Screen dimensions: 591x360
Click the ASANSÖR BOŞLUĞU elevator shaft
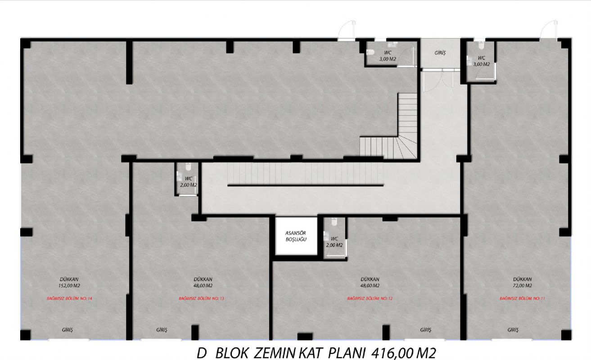pos(296,236)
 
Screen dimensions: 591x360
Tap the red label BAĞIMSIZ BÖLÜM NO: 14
pos(69,298)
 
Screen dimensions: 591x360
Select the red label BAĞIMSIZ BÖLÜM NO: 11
pos(522,298)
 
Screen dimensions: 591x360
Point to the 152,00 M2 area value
pos(69,286)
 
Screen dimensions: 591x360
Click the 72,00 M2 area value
pos(523,286)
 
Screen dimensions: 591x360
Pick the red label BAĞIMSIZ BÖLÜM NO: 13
pos(201,298)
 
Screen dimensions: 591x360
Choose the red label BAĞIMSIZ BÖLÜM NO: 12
pos(370,298)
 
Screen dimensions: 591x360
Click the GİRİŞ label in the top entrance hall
pos(440,53)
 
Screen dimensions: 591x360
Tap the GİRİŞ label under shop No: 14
pos(67,330)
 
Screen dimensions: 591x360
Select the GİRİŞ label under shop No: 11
pos(513,330)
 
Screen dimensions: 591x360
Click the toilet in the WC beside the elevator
pos(334,222)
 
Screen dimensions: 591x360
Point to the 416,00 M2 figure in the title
pos(404,353)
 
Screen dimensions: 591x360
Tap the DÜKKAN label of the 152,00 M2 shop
pos(69,279)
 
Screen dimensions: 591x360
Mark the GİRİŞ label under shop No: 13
pos(162,330)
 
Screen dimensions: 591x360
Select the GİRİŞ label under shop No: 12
pos(425,330)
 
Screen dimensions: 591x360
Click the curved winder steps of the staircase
pos(405,147)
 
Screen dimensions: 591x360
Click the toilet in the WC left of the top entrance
pos(370,52)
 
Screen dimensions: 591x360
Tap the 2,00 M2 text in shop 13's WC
pos(189,185)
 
